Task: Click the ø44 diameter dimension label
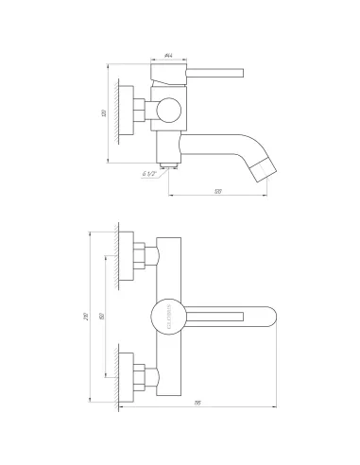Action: tap(167, 56)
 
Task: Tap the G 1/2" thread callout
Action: tap(149, 173)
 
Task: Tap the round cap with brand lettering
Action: tap(164, 316)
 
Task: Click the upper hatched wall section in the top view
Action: tap(117, 257)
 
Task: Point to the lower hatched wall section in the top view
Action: tap(117, 375)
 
